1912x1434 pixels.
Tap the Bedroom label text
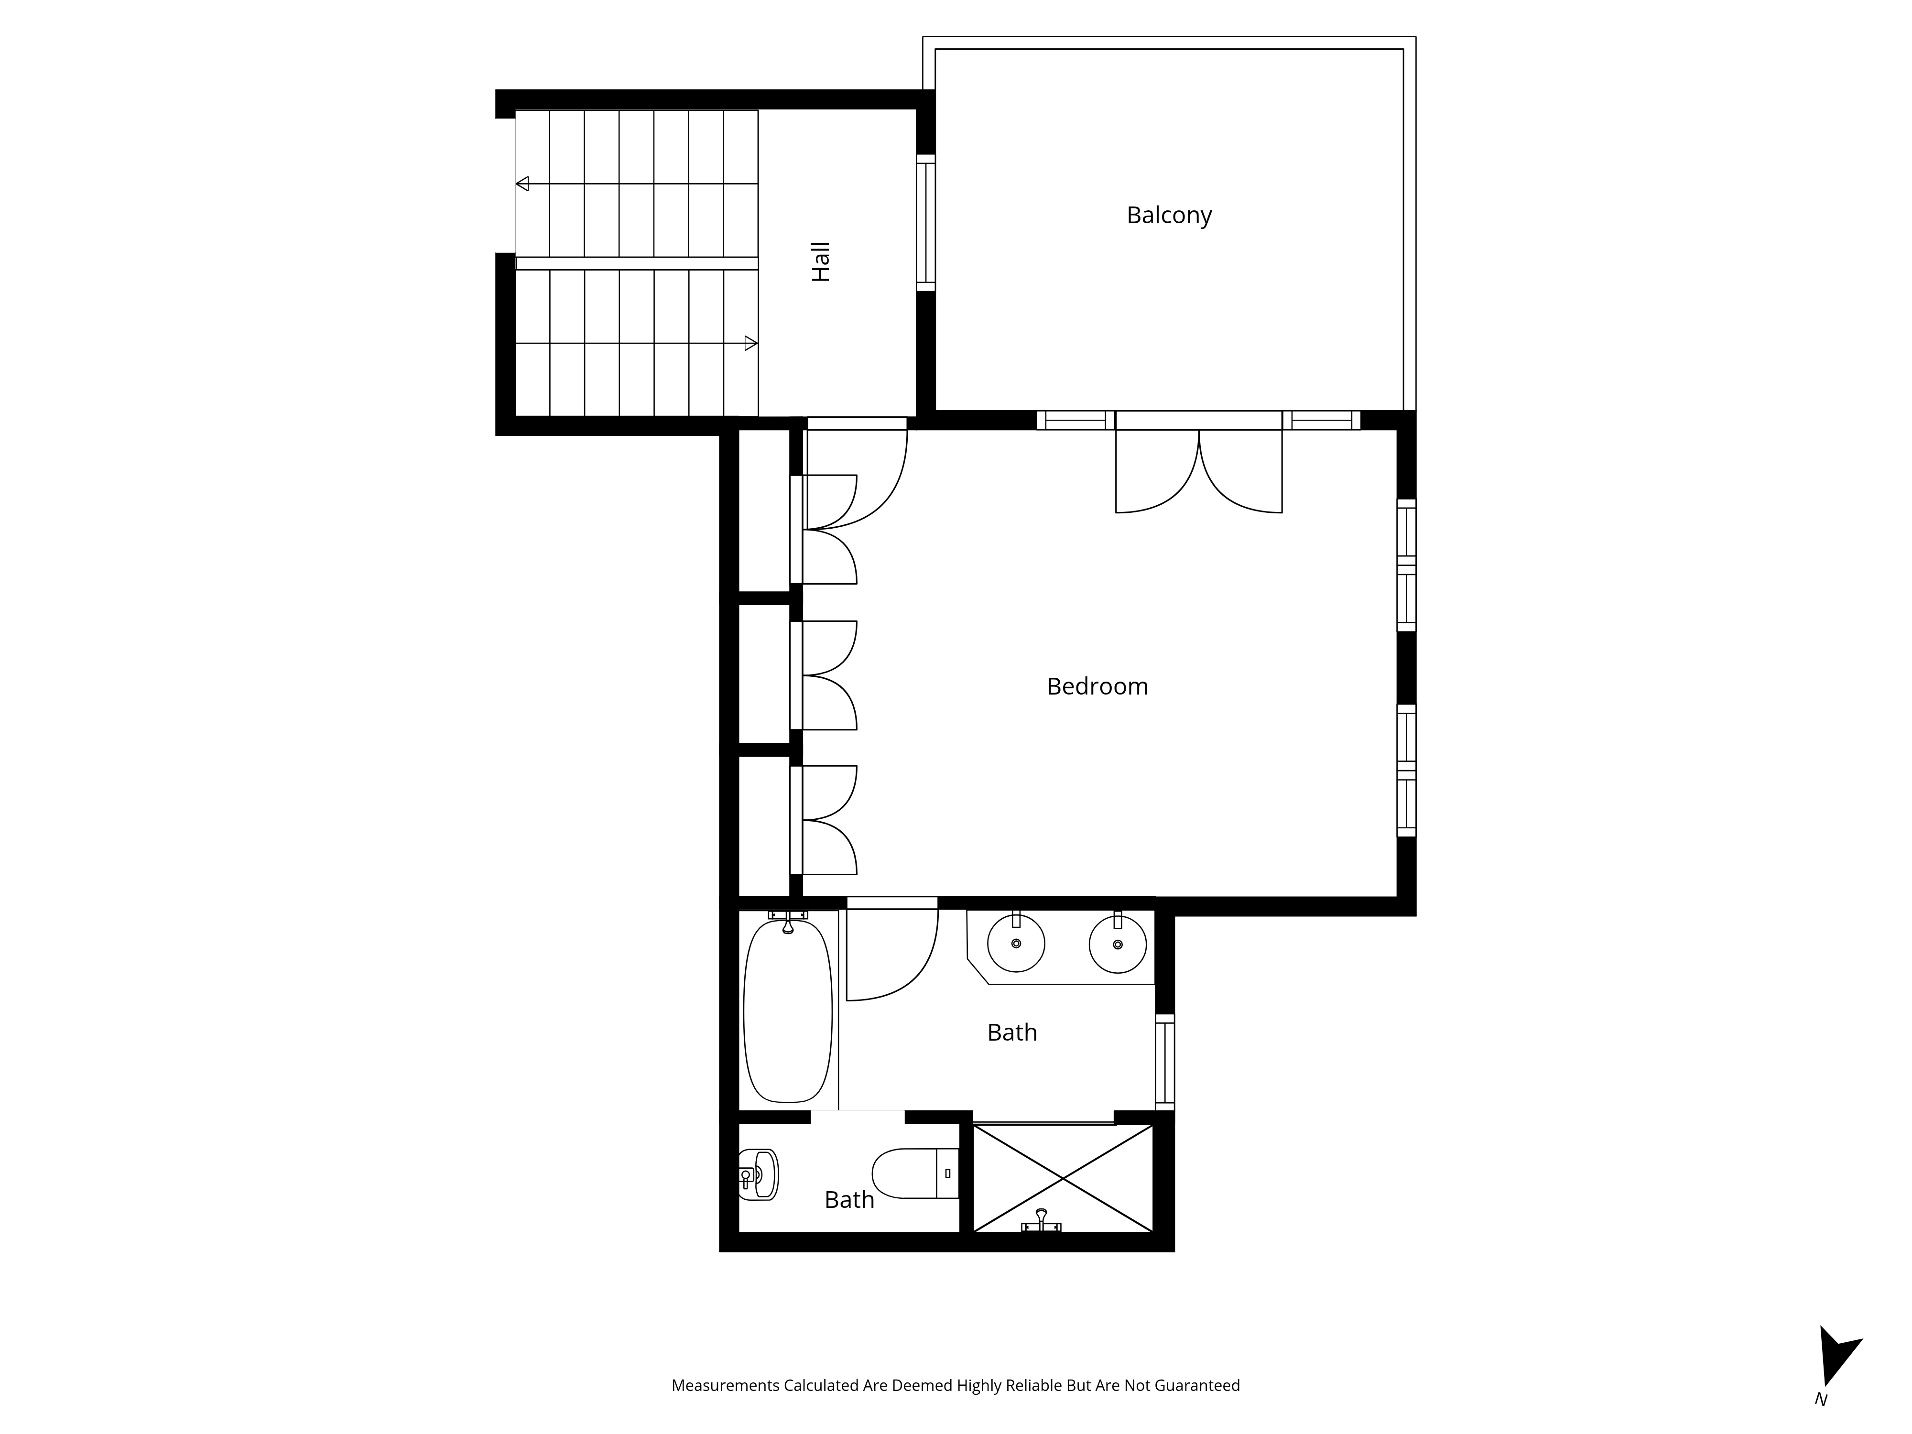[x=1097, y=686]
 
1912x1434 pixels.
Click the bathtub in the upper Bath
[x=787, y=1010]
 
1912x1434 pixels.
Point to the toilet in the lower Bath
[x=915, y=1173]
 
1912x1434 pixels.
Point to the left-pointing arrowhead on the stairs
[x=522, y=183]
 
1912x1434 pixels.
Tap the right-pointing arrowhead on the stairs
[x=750, y=343]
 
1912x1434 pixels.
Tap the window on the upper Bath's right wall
[x=1165, y=1062]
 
